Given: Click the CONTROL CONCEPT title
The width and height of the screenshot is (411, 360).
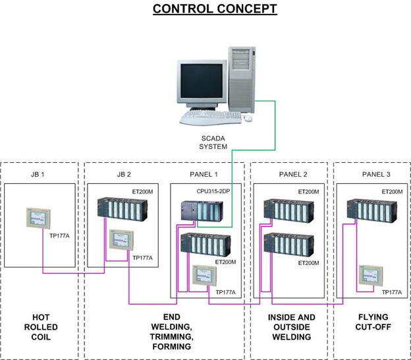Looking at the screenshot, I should pos(205,9).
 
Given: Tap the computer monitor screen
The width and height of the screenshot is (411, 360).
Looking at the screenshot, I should pos(199,82).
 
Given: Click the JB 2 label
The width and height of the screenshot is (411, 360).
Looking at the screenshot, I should pos(123,175).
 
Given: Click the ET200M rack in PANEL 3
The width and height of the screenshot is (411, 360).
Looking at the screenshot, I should pos(370,210).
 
